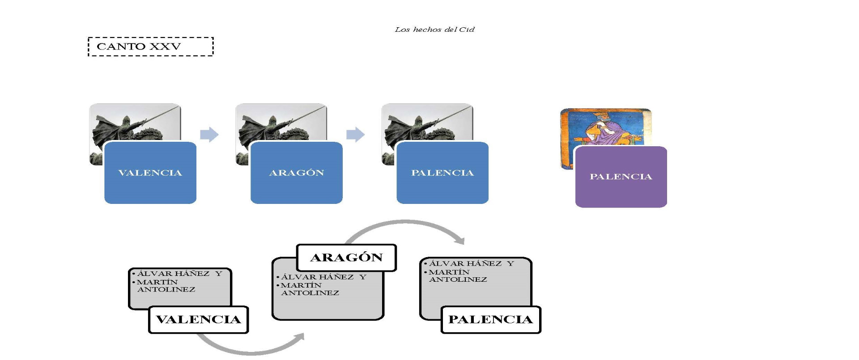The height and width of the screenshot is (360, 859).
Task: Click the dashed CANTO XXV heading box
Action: [150, 47]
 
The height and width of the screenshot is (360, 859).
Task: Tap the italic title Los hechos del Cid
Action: [434, 30]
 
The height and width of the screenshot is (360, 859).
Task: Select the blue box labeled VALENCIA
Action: [150, 173]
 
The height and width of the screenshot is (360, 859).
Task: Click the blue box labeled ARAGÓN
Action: [296, 173]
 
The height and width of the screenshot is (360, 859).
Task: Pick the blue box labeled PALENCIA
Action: [442, 173]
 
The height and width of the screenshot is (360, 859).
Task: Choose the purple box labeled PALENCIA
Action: [621, 177]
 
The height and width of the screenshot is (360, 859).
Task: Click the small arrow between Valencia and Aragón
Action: [209, 134]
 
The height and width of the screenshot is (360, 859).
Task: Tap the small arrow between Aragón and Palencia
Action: [355, 134]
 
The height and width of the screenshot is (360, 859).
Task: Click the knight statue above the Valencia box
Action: [134, 123]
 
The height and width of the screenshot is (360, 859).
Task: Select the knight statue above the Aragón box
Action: [281, 123]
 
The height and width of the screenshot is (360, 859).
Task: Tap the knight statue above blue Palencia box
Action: [426, 123]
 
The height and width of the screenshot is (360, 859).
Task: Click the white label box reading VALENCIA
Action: [198, 319]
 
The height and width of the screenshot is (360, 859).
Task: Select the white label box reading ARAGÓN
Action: [346, 258]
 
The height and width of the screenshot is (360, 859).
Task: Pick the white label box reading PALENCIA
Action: [491, 319]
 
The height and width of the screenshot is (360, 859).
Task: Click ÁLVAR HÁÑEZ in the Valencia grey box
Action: [173, 274]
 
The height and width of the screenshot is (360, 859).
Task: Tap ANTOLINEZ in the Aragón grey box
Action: [310, 293]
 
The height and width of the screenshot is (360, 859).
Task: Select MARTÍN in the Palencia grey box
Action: [449, 272]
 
